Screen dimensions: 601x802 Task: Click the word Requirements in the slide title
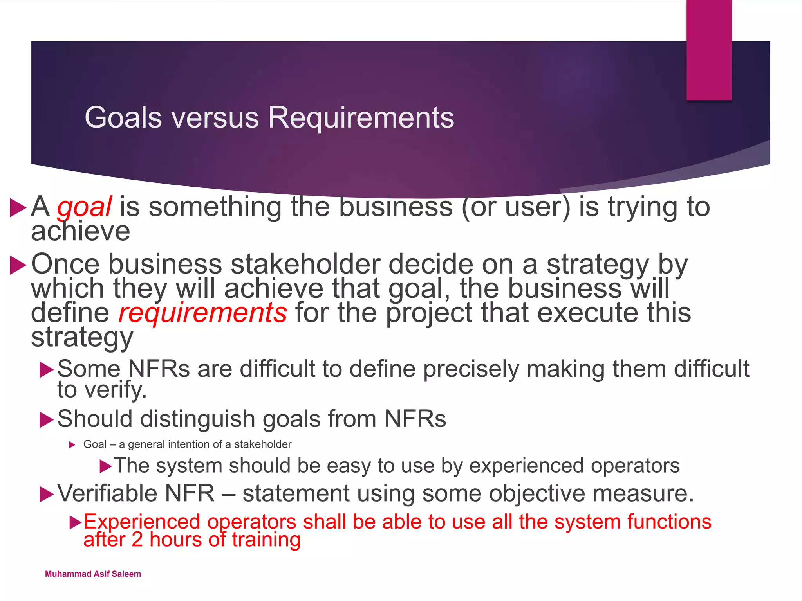361,117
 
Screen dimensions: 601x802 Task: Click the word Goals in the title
123,117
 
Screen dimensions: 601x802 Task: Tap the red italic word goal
85,207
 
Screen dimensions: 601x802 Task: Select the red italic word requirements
202,313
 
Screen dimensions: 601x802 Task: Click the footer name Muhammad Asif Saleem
93,574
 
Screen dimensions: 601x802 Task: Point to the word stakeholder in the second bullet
305,264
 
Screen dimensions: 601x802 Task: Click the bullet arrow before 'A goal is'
18,207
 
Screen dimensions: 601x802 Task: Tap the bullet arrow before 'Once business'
18,265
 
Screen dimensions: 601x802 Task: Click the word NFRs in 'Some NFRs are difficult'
159,369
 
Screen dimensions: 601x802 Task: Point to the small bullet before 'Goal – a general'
72,445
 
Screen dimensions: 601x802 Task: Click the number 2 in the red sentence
137,540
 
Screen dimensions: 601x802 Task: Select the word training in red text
266,540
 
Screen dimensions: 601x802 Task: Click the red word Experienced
141,522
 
